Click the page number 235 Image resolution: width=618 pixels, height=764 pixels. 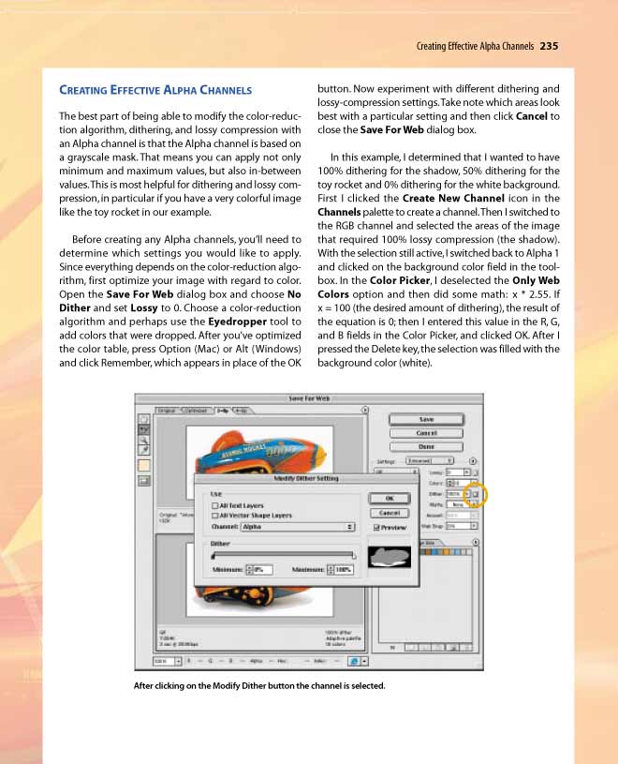point(550,45)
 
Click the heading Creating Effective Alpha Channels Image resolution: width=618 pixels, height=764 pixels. point(154,90)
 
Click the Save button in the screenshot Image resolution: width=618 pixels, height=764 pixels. point(426,419)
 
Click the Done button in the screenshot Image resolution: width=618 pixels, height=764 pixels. point(426,446)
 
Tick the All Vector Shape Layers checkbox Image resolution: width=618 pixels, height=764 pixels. point(215,516)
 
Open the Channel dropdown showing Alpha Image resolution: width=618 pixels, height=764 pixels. point(299,527)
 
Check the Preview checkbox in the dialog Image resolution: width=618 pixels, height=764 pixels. point(376,528)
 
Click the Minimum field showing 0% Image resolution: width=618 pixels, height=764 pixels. point(258,568)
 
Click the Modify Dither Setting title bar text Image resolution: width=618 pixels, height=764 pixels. point(306,478)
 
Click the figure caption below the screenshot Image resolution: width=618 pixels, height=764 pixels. point(259,685)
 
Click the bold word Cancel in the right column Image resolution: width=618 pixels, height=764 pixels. point(531,115)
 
